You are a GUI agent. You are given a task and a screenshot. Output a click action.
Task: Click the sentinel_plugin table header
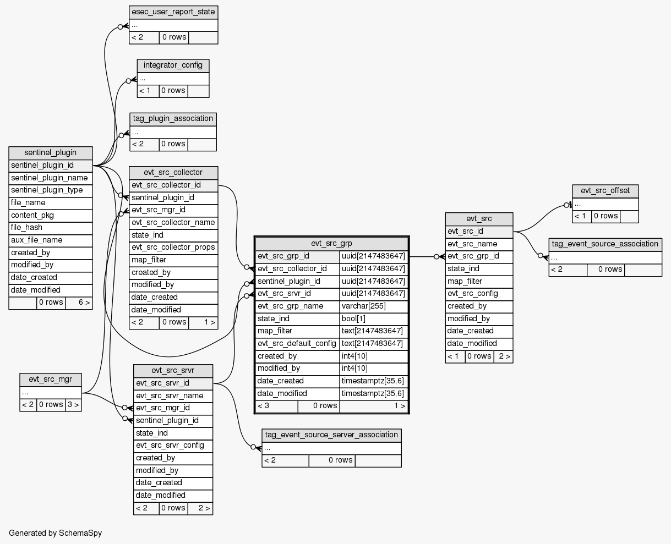click(x=51, y=152)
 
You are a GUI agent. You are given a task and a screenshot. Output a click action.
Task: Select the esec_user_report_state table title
click(x=173, y=12)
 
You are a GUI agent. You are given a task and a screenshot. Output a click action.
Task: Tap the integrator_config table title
click(x=173, y=65)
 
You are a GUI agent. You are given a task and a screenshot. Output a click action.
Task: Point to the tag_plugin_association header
click(x=173, y=119)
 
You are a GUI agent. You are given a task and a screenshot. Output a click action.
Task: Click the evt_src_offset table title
click(x=605, y=191)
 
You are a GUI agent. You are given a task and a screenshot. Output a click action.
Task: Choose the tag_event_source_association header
click(x=605, y=244)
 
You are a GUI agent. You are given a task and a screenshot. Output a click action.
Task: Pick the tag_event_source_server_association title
click(x=331, y=435)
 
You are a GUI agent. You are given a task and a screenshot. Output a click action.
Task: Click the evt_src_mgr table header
click(x=51, y=379)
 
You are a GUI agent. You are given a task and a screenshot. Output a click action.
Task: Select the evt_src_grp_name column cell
click(x=297, y=306)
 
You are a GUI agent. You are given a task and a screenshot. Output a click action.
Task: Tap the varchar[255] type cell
click(x=374, y=306)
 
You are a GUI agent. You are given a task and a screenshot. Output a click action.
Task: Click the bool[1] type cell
click(x=374, y=319)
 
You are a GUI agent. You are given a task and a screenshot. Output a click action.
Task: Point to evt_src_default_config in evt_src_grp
click(x=297, y=344)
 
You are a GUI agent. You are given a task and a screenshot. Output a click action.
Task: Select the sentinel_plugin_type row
click(x=51, y=190)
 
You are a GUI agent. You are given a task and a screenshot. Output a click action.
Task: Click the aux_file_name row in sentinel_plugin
click(x=51, y=240)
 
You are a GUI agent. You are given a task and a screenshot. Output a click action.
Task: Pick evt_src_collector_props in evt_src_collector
click(x=173, y=248)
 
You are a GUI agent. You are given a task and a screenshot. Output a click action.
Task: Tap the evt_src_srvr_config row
click(x=173, y=446)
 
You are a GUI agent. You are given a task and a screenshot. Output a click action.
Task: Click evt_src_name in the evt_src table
click(x=479, y=244)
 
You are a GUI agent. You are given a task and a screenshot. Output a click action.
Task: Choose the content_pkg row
click(x=51, y=215)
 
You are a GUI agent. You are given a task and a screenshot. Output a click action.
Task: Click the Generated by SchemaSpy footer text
click(x=55, y=533)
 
